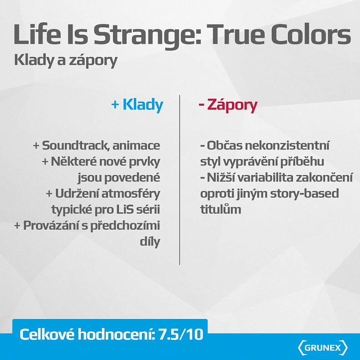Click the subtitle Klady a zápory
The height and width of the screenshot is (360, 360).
click(x=66, y=61)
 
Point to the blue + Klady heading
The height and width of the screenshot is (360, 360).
click(x=137, y=105)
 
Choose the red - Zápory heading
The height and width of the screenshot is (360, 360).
click(x=228, y=105)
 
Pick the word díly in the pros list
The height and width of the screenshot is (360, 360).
click(x=150, y=241)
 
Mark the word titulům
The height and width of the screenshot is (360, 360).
click(x=221, y=209)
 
